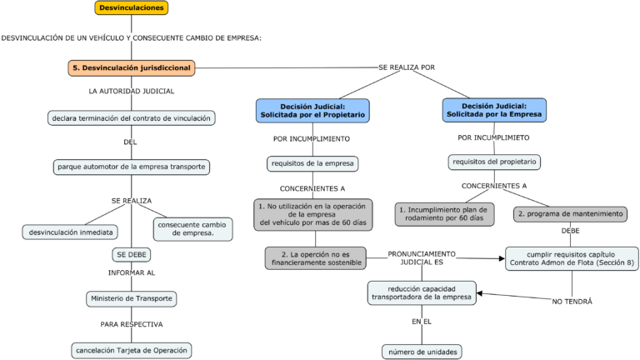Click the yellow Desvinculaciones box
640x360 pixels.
[131, 8]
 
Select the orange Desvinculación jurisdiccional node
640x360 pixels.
[132, 67]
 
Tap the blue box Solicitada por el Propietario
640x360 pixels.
[312, 111]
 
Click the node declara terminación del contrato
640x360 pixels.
[132, 118]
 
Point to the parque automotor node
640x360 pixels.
[132, 167]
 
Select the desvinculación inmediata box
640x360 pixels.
[70, 232]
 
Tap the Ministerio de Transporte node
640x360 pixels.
[132, 298]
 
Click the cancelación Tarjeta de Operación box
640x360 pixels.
[132, 350]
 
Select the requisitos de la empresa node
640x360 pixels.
[312, 163]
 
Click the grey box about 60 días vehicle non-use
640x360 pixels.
[312, 214]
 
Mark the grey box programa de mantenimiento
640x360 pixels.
[570, 214]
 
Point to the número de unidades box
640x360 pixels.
[421, 352]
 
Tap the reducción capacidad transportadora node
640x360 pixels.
[422, 292]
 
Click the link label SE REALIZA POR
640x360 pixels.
[406, 67]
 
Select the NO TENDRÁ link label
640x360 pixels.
[572, 302]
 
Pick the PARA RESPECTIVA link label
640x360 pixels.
[132, 324]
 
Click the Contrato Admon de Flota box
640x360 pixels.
[571, 258]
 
